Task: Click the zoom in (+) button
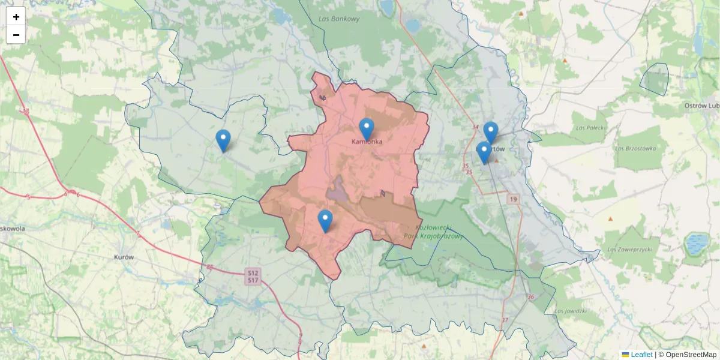point(16,17)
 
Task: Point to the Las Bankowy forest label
point(339,19)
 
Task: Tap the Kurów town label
point(124,257)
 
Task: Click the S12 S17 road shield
point(253,277)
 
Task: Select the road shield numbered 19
point(513,199)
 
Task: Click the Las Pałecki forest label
point(589,127)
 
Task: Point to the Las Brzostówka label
point(633,148)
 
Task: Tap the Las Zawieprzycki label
point(629,249)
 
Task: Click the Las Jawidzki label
point(570,311)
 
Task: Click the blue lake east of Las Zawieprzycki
point(696,244)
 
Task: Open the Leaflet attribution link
point(641,355)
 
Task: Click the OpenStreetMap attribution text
point(691,355)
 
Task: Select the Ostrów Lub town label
point(701,106)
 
